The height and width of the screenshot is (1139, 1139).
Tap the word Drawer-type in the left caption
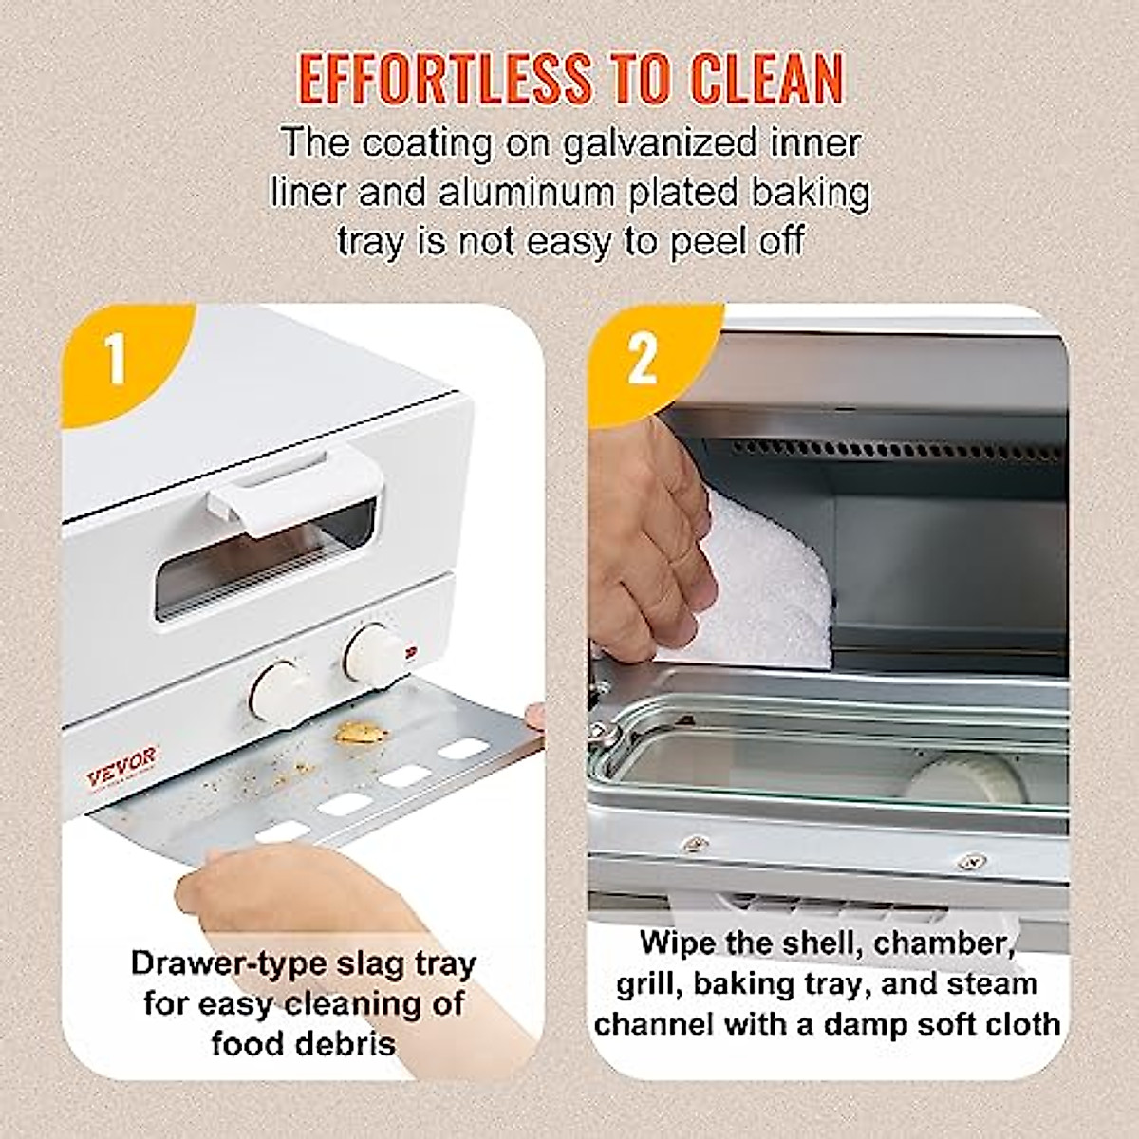click(216, 962)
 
